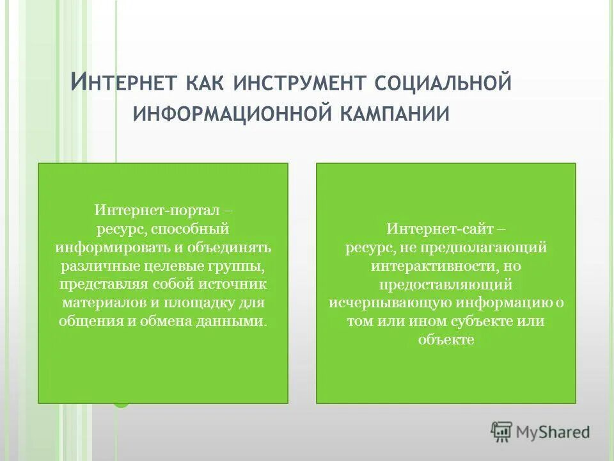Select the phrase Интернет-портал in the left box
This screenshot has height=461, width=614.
157,210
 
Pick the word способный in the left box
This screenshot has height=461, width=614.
192,229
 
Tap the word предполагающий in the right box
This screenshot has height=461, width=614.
484,247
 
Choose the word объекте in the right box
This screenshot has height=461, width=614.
446,340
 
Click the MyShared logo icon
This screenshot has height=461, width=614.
501,432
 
